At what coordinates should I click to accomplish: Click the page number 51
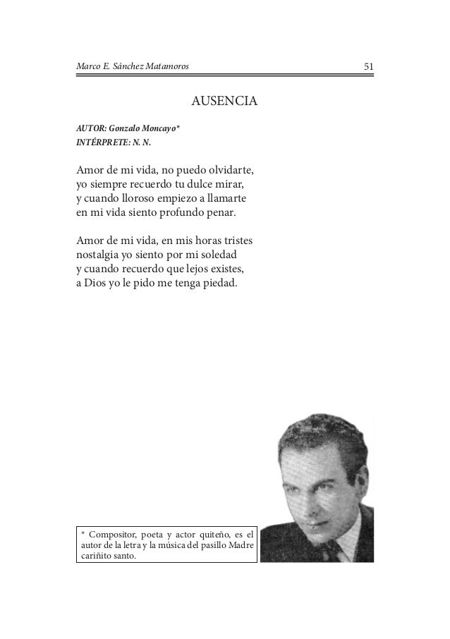point(367,67)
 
